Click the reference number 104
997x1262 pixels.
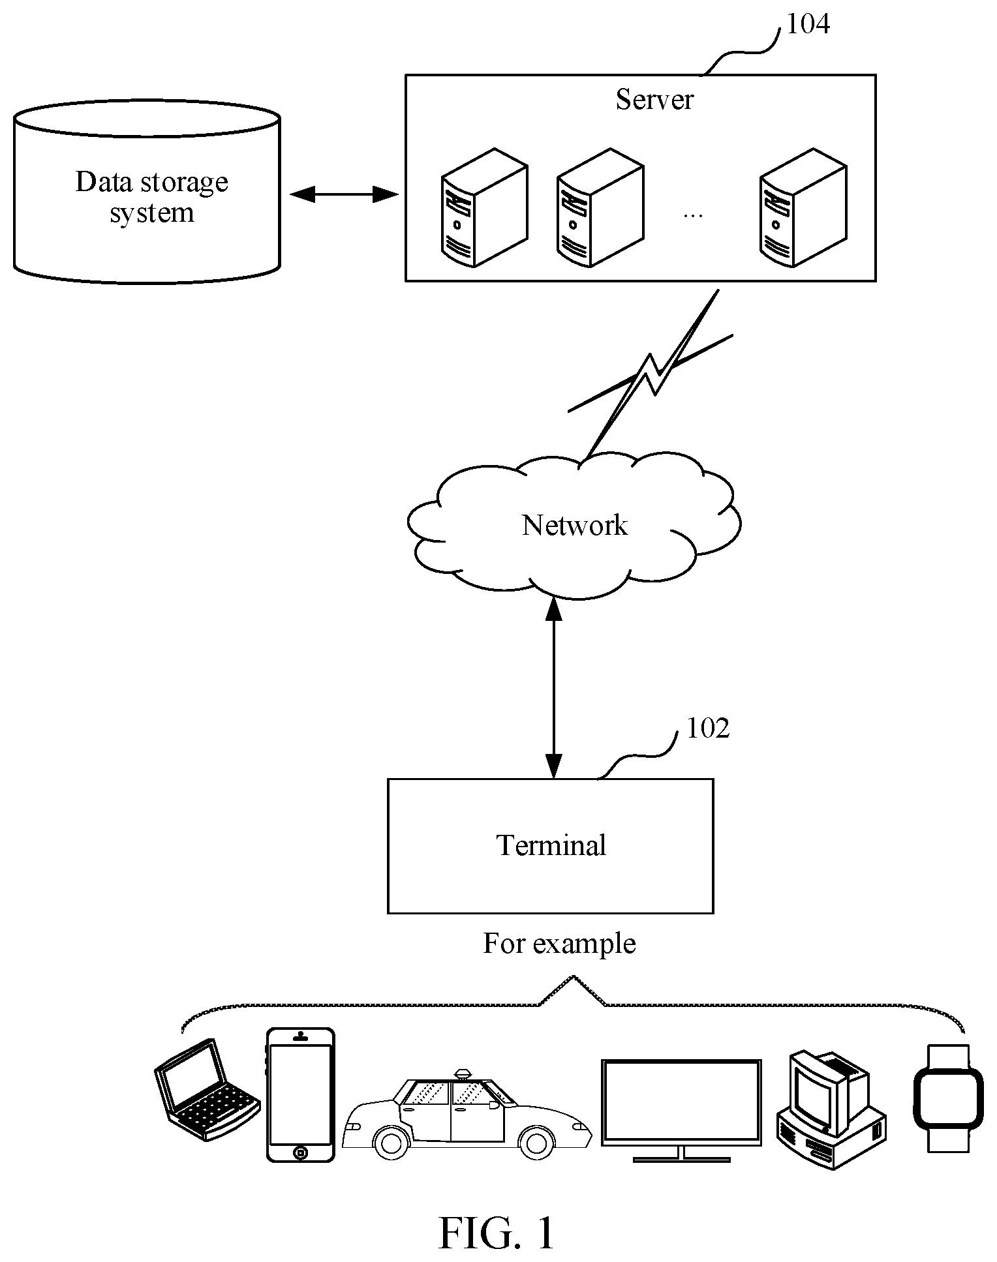[x=808, y=24]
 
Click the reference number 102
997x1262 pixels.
[x=708, y=728]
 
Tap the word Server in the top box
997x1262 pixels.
[x=654, y=100]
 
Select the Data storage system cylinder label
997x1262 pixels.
[x=152, y=197]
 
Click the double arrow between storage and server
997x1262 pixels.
[x=344, y=194]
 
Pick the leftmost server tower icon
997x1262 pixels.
[x=484, y=207]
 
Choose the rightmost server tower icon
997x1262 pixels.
[x=803, y=207]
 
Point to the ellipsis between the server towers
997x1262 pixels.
[x=692, y=215]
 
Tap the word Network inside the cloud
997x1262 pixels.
[x=575, y=526]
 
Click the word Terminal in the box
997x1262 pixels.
[x=551, y=846]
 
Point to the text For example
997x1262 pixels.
[x=559, y=944]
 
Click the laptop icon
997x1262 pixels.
[x=207, y=1090]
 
